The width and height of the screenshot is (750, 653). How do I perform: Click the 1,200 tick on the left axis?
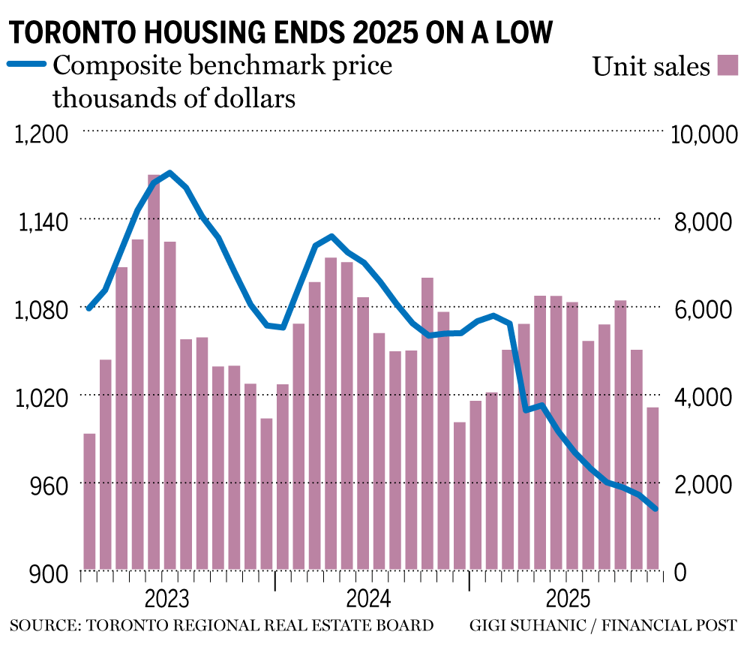coord(46,134)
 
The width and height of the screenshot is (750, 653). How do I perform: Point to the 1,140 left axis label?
coord(46,221)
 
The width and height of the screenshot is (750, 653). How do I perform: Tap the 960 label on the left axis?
coord(52,484)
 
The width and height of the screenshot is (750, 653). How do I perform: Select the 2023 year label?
coord(169,600)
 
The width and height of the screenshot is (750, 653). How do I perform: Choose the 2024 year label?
coord(368,600)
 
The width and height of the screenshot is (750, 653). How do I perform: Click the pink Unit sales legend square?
coord(728,65)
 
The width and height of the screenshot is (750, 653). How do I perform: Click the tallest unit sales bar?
coord(154,372)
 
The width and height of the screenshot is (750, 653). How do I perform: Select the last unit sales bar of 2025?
coord(652,488)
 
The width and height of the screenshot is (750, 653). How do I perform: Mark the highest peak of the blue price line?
coord(170,173)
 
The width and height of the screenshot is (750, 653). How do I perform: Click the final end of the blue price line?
coord(655,509)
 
